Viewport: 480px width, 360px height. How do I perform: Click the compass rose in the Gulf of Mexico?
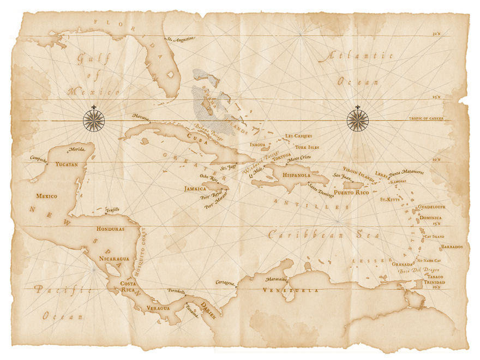94,120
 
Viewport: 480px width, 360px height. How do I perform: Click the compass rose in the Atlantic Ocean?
358,120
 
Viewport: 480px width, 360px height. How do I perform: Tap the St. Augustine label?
181,39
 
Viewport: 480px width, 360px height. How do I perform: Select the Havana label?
141,116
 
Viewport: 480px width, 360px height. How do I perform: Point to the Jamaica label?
195,189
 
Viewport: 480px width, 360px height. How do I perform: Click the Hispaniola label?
296,176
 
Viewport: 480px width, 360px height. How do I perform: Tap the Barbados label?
452,247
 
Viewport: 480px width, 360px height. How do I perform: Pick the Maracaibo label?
275,279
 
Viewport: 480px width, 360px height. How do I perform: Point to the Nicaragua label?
114,258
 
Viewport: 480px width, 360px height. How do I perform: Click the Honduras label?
110,229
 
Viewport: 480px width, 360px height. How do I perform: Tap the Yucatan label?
67,164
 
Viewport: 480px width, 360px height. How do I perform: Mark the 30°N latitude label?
436,34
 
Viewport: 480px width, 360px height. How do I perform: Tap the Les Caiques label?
298,135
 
